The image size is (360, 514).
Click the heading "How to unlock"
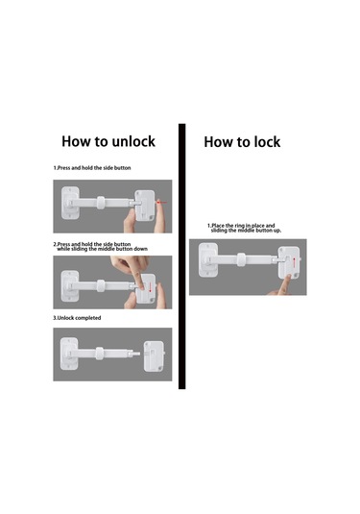point(108,141)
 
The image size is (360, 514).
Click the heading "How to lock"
point(242,142)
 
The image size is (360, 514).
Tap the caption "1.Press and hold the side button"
point(92,168)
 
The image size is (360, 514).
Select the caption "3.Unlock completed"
point(77,318)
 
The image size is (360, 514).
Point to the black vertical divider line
point(181,257)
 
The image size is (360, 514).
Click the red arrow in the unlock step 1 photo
point(161,203)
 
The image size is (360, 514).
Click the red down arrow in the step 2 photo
point(150,287)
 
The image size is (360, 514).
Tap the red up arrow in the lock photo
point(294,262)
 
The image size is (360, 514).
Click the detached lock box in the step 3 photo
point(154,356)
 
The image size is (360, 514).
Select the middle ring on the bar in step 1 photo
point(101,203)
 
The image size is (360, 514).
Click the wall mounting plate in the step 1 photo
point(70,203)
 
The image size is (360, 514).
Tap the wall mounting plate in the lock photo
point(207,260)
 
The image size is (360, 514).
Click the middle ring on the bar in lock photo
point(241,259)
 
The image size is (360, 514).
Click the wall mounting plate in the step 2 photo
point(70,286)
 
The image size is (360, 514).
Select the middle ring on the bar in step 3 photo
point(100,354)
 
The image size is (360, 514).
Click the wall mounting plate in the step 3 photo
point(69,354)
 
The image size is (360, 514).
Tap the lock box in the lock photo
point(289,262)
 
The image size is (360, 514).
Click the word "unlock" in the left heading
point(133,141)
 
